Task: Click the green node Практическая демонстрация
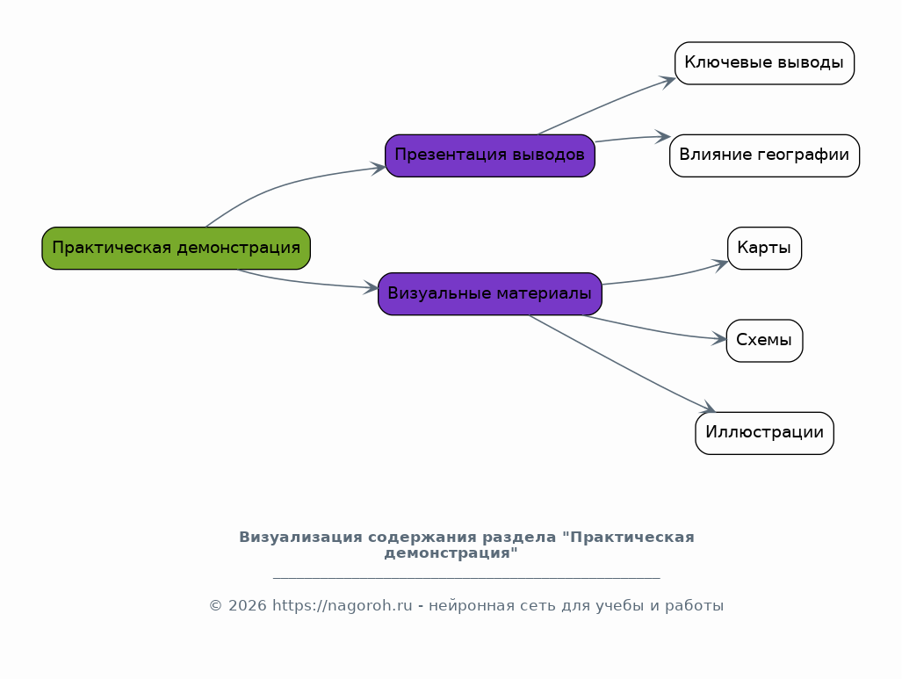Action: coord(176,248)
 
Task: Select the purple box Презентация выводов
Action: coord(489,155)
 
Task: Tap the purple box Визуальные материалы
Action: coord(489,293)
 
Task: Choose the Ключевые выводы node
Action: coord(764,63)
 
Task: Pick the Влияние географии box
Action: coord(764,155)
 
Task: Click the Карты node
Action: coord(764,248)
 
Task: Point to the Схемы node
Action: coord(764,341)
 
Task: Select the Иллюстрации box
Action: coord(764,433)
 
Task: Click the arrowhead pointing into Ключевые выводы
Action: coord(667,81)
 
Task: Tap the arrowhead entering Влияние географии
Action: coord(663,137)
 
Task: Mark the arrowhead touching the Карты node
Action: coord(721,264)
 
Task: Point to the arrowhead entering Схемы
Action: coord(719,338)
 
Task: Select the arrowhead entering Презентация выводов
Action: coord(378,168)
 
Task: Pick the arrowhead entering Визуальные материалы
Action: coord(371,288)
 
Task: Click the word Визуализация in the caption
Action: coord(300,538)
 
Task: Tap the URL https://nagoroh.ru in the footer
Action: coord(343,606)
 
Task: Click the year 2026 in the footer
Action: coord(248,606)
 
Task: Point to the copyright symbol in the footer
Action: coord(215,606)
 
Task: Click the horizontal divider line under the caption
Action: coord(466,577)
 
